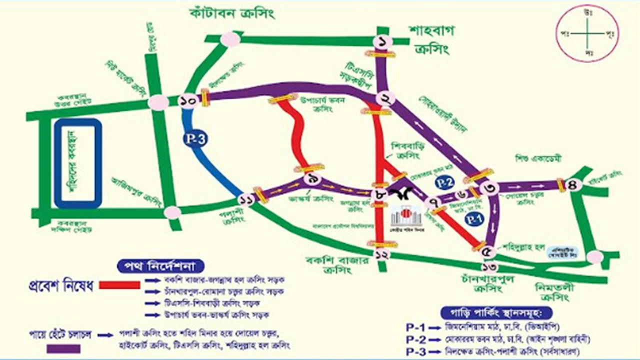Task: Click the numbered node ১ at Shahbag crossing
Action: (x=382, y=42)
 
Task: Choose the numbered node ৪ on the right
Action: (x=573, y=184)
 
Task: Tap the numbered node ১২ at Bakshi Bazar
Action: (x=382, y=254)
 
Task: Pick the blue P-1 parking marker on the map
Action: (x=472, y=218)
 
